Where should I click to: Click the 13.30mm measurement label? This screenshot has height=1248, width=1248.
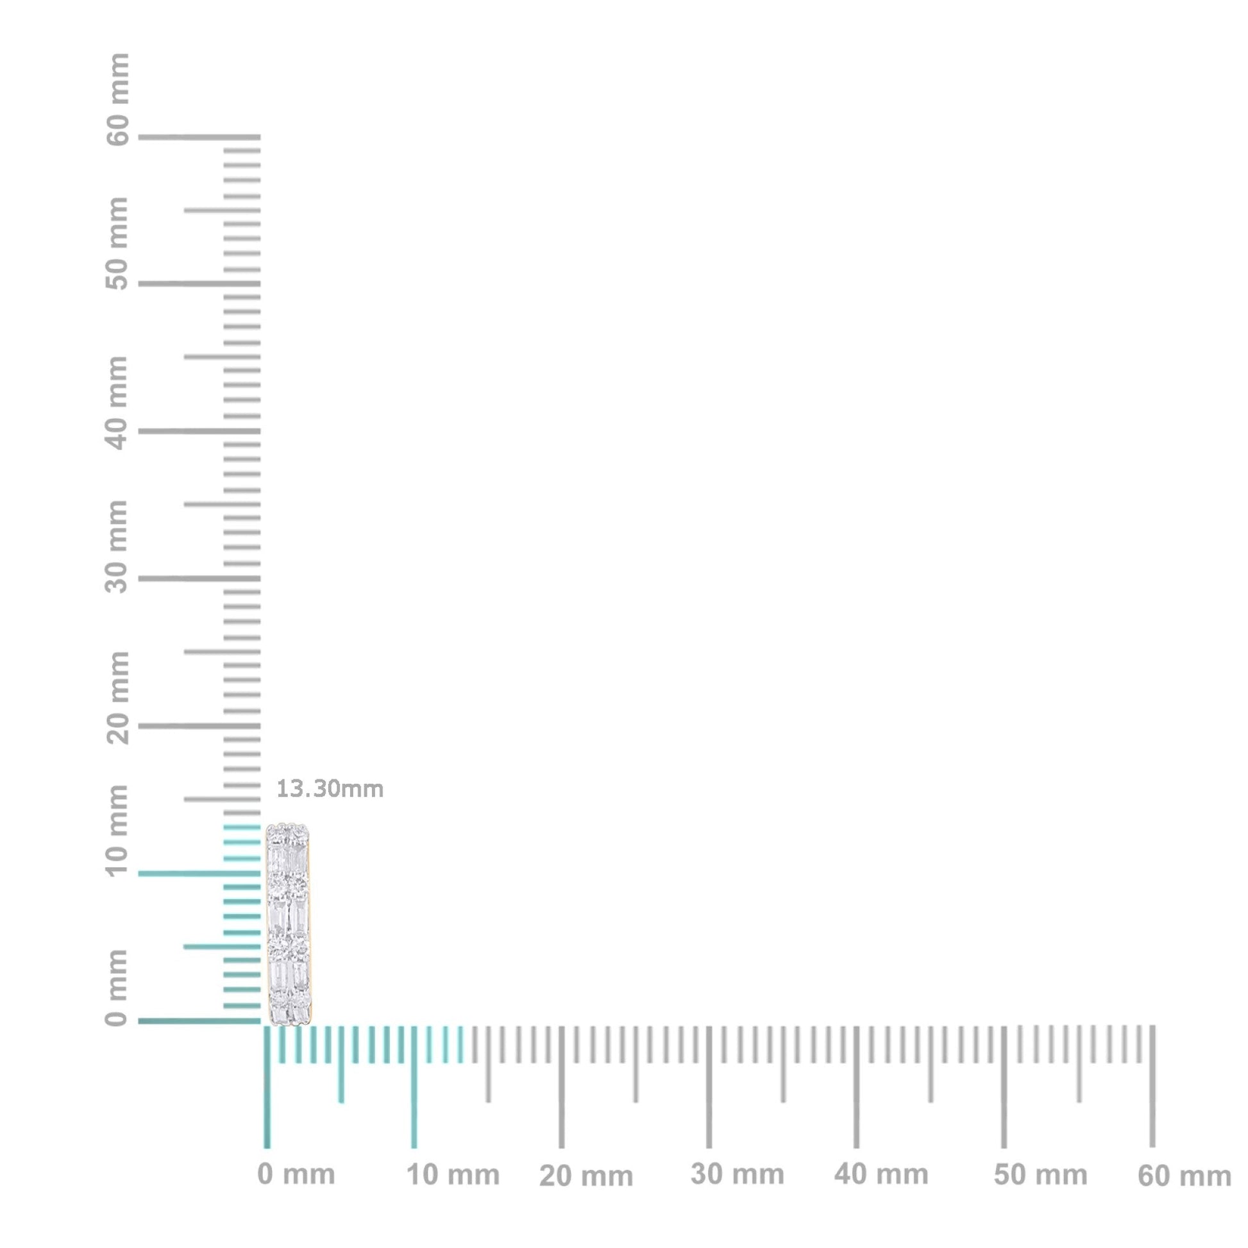tap(330, 789)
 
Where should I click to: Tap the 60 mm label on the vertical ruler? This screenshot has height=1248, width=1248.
tap(117, 100)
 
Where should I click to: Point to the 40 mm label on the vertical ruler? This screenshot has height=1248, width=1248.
tap(117, 403)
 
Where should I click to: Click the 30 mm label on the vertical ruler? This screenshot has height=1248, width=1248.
tap(117, 546)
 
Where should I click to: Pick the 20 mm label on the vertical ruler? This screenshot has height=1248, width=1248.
tap(117, 698)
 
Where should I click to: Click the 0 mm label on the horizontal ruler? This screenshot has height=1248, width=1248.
tap(296, 1174)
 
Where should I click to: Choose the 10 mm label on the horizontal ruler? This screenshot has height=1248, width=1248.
tap(453, 1175)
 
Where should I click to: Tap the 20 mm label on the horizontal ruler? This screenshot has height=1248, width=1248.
tap(586, 1176)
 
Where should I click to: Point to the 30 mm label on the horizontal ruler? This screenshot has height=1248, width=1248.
tap(737, 1174)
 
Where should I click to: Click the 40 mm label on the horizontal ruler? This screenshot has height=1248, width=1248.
tap(881, 1174)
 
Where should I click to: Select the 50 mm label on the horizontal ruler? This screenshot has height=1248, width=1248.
tap(1040, 1175)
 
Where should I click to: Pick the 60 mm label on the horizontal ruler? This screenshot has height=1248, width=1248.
tap(1184, 1176)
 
